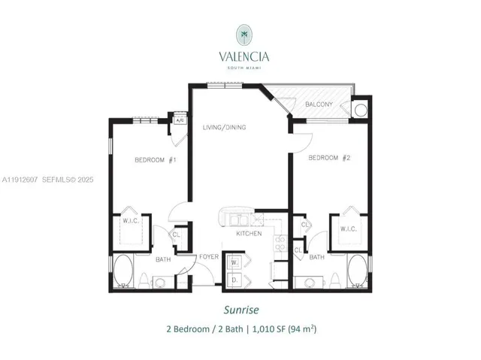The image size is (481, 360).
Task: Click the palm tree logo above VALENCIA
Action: click(244, 33)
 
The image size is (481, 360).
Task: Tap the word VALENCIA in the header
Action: click(244, 55)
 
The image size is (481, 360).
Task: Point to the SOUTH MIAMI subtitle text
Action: click(244, 67)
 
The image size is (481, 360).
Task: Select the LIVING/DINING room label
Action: click(224, 127)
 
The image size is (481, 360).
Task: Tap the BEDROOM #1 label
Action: click(155, 159)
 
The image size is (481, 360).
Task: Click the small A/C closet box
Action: click(180, 120)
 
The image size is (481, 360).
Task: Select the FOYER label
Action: click(208, 256)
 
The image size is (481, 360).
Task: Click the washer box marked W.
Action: click(234, 263)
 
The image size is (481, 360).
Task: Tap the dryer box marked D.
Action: click(234, 279)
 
